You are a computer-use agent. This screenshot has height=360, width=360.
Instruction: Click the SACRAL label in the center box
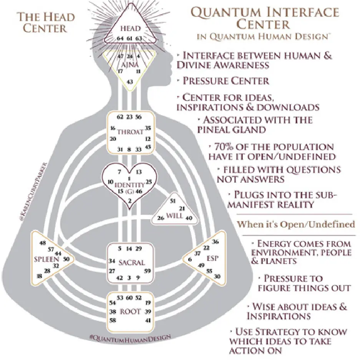tap(131, 263)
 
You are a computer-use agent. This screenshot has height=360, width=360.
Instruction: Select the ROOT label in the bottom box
tap(130, 312)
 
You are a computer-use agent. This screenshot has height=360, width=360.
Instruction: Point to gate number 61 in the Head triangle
tap(129, 38)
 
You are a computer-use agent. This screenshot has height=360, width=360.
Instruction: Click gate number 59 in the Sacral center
tap(148, 271)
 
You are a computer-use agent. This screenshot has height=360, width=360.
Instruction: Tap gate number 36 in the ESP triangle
tap(215, 242)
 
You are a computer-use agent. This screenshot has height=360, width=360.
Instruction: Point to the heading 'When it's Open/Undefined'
tap(296, 224)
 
